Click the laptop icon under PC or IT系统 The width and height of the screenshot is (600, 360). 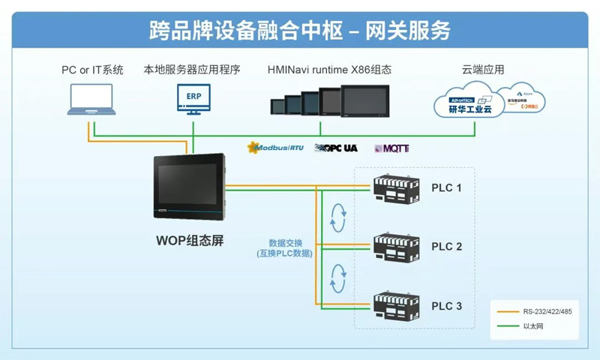[92, 101]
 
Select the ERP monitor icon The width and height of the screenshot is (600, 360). [193, 100]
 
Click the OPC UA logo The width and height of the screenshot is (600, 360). [335, 148]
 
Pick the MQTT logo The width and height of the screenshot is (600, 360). [391, 148]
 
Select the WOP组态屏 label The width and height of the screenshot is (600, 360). [190, 241]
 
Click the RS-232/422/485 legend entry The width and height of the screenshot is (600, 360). [547, 310]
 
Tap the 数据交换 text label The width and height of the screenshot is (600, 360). [285, 243]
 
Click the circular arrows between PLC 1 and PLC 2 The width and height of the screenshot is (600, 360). [339, 217]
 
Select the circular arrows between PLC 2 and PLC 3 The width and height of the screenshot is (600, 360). [339, 277]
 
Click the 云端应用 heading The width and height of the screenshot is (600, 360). [483, 70]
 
